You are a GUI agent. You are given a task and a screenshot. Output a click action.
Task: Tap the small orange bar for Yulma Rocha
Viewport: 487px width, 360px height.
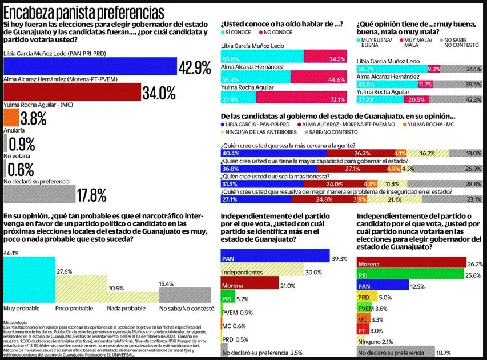(11, 118)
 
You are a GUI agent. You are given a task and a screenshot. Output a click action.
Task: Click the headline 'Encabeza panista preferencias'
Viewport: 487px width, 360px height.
(84, 13)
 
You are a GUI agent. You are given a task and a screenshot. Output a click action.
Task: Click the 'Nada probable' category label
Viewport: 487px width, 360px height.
(126, 309)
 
